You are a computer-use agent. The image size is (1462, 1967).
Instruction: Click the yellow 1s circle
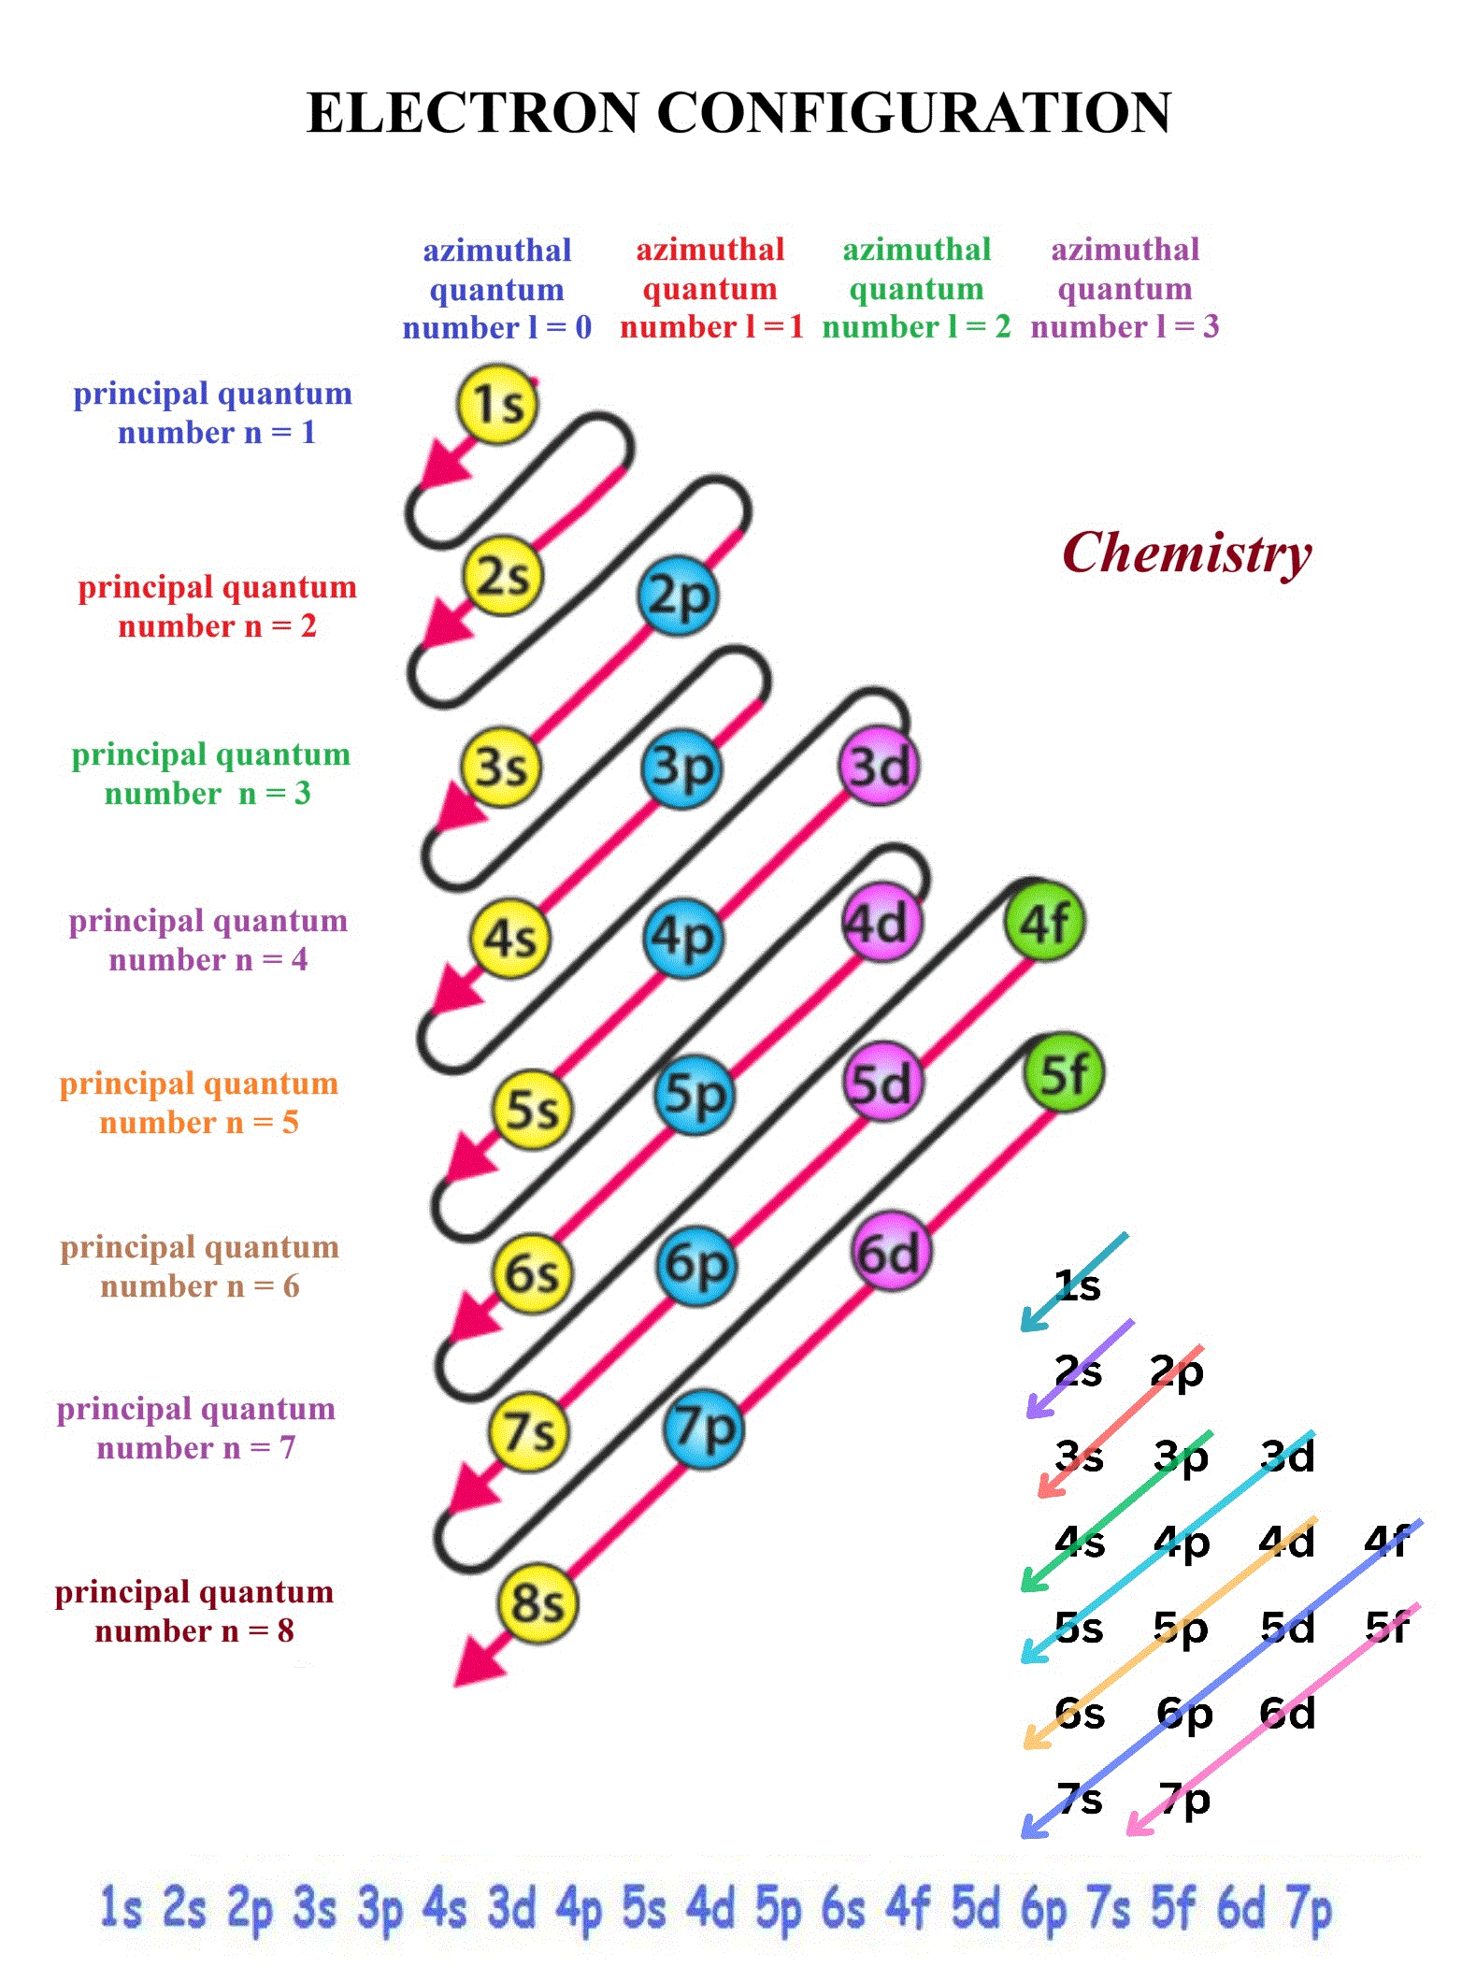[x=497, y=404]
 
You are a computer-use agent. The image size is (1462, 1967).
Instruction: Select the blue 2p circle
[x=678, y=596]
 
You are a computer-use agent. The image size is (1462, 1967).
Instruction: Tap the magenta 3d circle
[x=878, y=767]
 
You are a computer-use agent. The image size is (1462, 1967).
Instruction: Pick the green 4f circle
[x=1044, y=923]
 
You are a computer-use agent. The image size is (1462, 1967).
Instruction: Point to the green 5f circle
[x=1064, y=1074]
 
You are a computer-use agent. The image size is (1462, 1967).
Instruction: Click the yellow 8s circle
[x=537, y=1602]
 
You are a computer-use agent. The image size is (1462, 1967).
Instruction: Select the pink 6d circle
[x=891, y=1253]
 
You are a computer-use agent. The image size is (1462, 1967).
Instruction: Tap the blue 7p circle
[x=703, y=1429]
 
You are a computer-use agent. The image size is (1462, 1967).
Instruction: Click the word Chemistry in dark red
[x=1187, y=553]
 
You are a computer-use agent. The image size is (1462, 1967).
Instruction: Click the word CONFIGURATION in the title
[x=914, y=113]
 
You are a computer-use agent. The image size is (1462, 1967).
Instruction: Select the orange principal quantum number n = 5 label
[x=199, y=1102]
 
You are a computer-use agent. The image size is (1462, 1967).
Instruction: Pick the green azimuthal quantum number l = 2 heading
[x=917, y=288]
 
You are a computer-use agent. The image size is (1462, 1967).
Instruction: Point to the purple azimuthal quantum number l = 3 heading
[x=1125, y=288]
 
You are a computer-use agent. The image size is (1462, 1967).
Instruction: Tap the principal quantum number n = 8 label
[x=194, y=1611]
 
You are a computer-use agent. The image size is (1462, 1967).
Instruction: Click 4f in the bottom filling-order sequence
[x=908, y=1907]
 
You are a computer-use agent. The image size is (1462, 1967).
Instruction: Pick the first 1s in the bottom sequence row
[x=121, y=1907]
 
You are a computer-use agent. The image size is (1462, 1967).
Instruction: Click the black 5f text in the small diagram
[x=1387, y=1628]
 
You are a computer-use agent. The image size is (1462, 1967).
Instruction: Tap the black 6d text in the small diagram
[x=1287, y=1713]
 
